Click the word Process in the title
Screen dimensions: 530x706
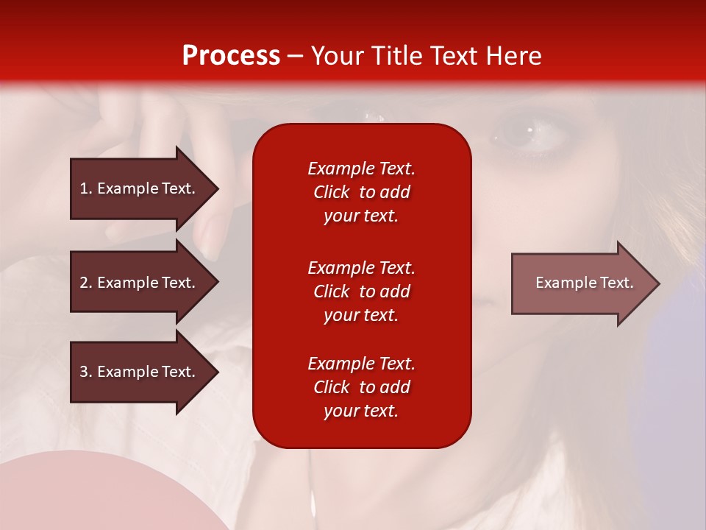(231, 56)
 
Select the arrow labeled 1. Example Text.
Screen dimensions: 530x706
(140, 188)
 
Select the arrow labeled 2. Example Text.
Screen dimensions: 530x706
(140, 283)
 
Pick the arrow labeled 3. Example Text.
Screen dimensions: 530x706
(140, 372)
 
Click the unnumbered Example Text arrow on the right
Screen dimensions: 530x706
(581, 283)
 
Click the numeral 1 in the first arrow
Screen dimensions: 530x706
(84, 188)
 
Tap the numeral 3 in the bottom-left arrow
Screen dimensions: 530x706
(84, 372)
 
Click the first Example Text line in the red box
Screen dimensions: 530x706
(361, 169)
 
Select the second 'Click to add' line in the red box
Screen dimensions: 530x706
(361, 291)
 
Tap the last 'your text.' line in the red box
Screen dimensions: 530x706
(361, 411)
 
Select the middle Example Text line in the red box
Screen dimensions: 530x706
(361, 268)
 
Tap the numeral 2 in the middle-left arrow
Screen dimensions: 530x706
(84, 283)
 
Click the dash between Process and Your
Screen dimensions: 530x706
(296, 56)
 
